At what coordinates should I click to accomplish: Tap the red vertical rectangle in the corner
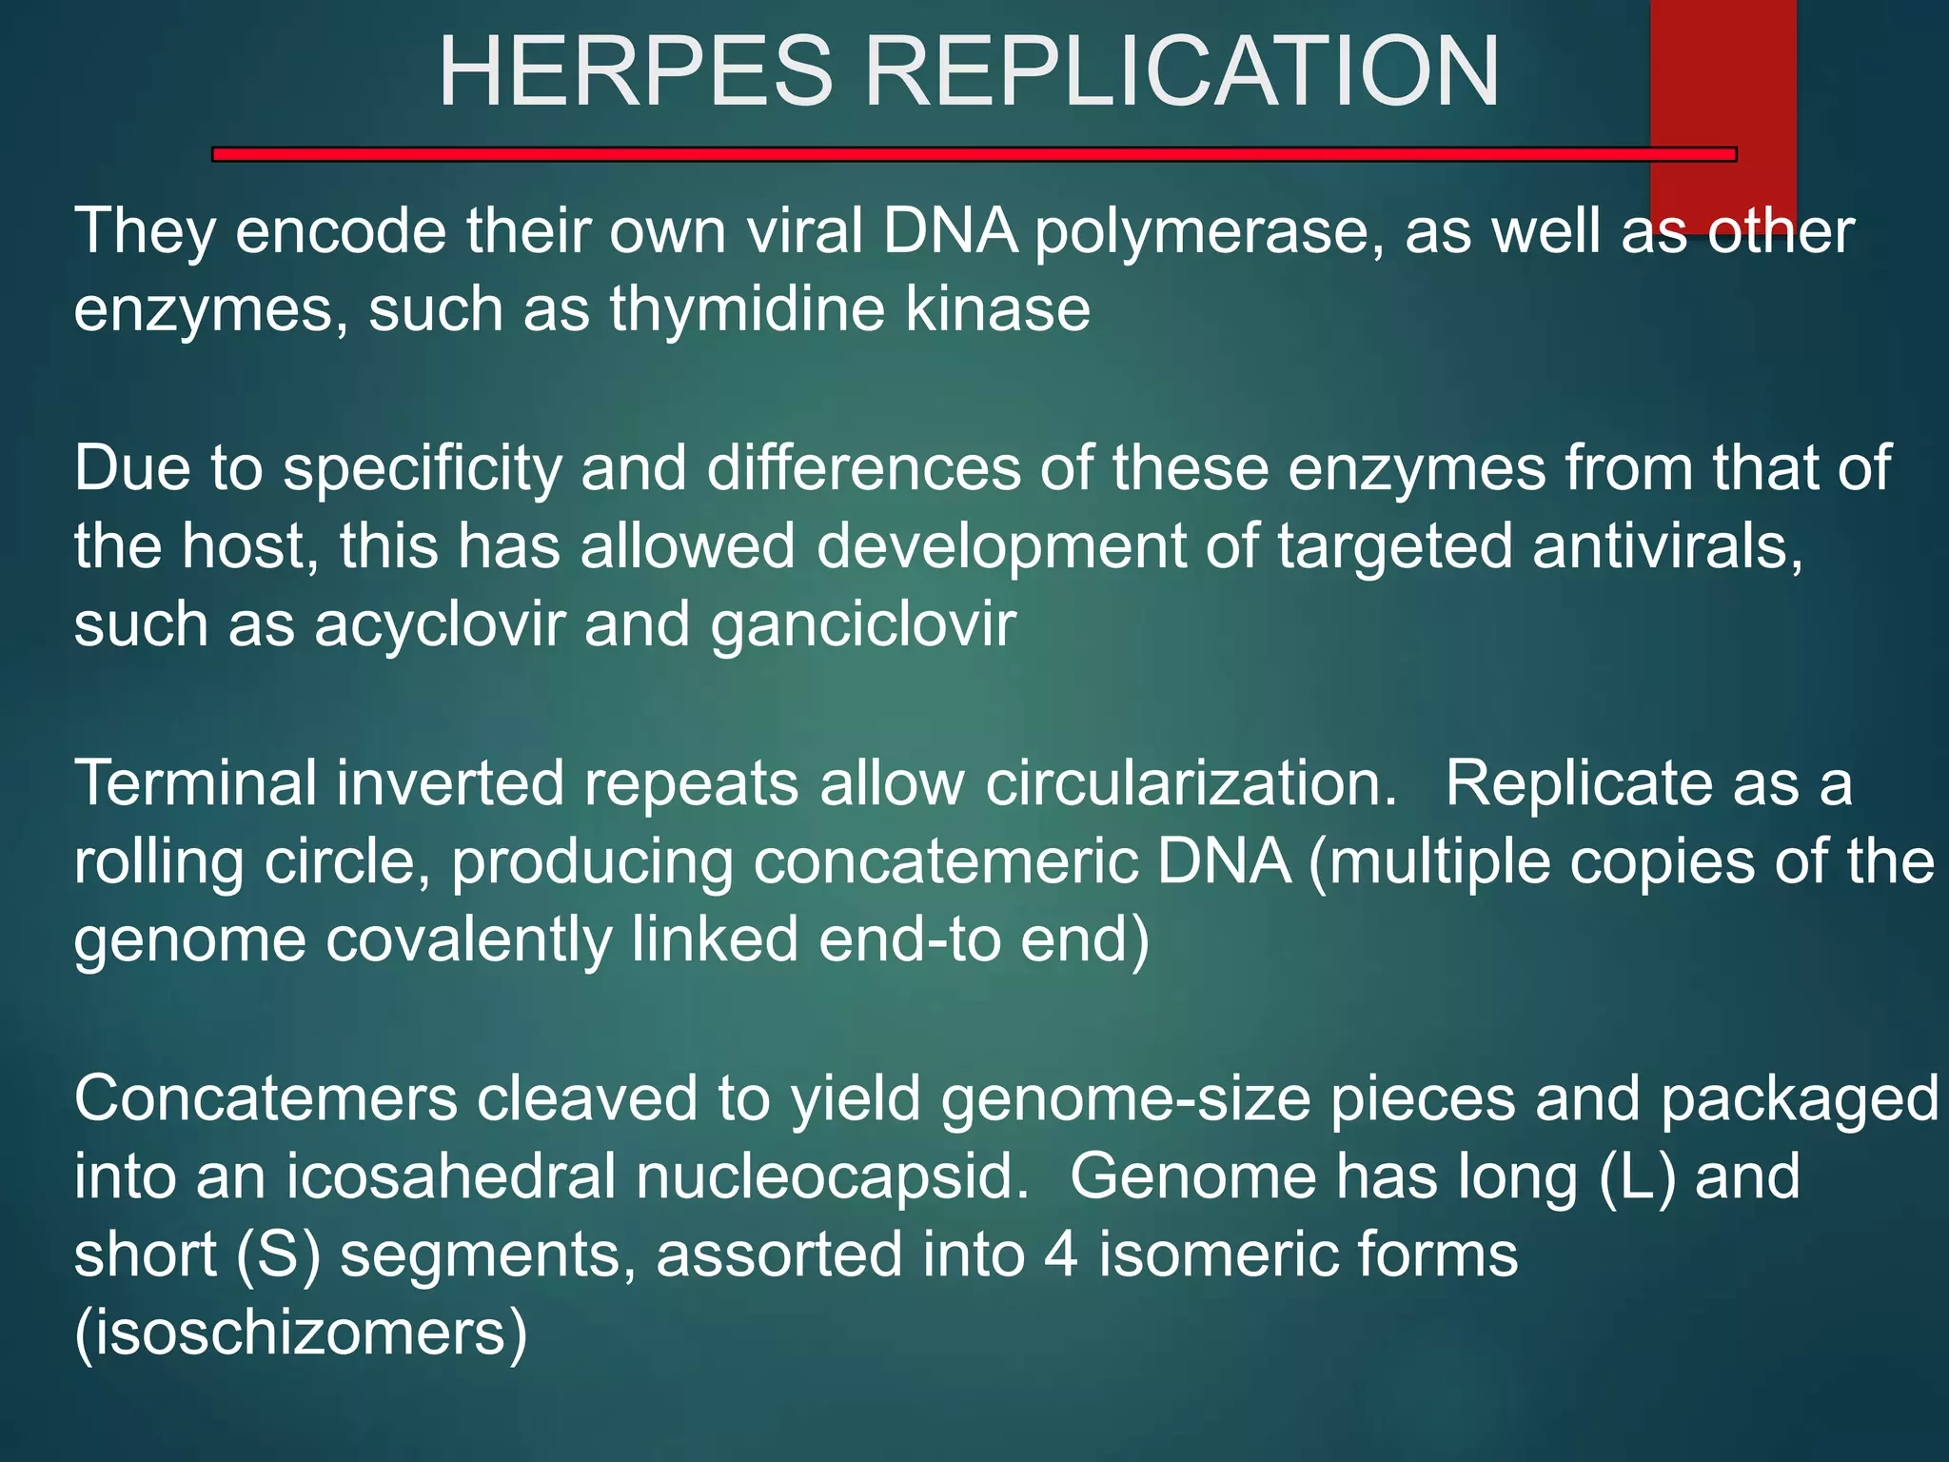(x=1723, y=76)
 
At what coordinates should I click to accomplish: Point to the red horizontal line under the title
(x=952, y=154)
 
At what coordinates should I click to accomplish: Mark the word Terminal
(x=195, y=784)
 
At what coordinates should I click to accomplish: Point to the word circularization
(x=1191, y=784)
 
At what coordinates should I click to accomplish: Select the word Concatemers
(x=266, y=1098)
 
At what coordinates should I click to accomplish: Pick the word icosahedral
(x=451, y=1177)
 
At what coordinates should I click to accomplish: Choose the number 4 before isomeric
(x=1061, y=1255)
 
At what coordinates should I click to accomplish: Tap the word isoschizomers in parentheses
(x=301, y=1334)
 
